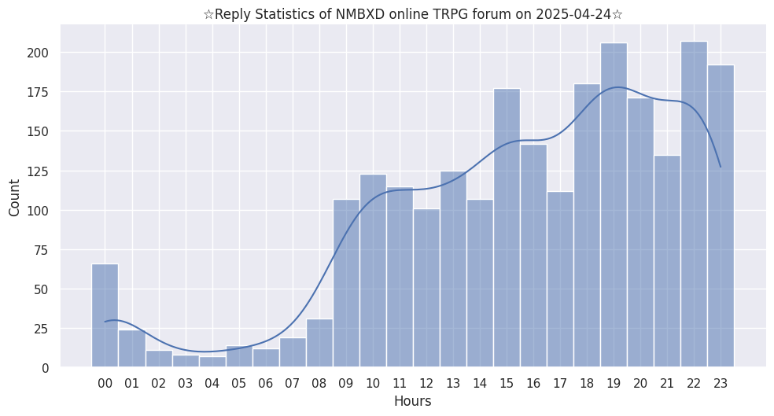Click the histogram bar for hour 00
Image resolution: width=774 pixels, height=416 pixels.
[105, 315]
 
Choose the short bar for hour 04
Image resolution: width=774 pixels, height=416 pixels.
[212, 362]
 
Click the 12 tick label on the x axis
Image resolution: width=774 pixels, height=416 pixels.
[426, 383]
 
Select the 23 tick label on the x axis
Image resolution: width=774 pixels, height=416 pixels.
[721, 383]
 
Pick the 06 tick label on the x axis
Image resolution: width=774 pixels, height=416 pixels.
[266, 383]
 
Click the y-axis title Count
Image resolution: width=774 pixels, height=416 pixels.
[15, 197]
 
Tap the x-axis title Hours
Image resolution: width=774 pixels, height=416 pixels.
[413, 401]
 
